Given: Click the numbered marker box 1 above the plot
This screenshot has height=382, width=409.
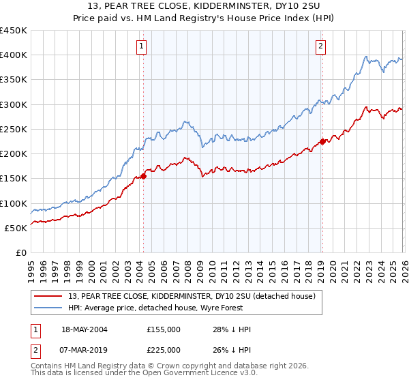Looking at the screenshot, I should click(141, 46).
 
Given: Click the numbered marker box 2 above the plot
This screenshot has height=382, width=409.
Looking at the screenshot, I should click(320, 46).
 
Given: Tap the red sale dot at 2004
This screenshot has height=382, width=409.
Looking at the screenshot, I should click(143, 176).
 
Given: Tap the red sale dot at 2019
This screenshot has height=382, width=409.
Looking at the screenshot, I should click(322, 142).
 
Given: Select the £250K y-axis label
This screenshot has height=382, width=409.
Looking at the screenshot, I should click(14, 129).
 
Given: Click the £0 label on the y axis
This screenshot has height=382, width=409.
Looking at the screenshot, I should click(20, 252).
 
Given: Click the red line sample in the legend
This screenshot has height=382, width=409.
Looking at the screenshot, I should click(48, 297).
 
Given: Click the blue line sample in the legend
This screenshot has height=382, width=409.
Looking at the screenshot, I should click(48, 308).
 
